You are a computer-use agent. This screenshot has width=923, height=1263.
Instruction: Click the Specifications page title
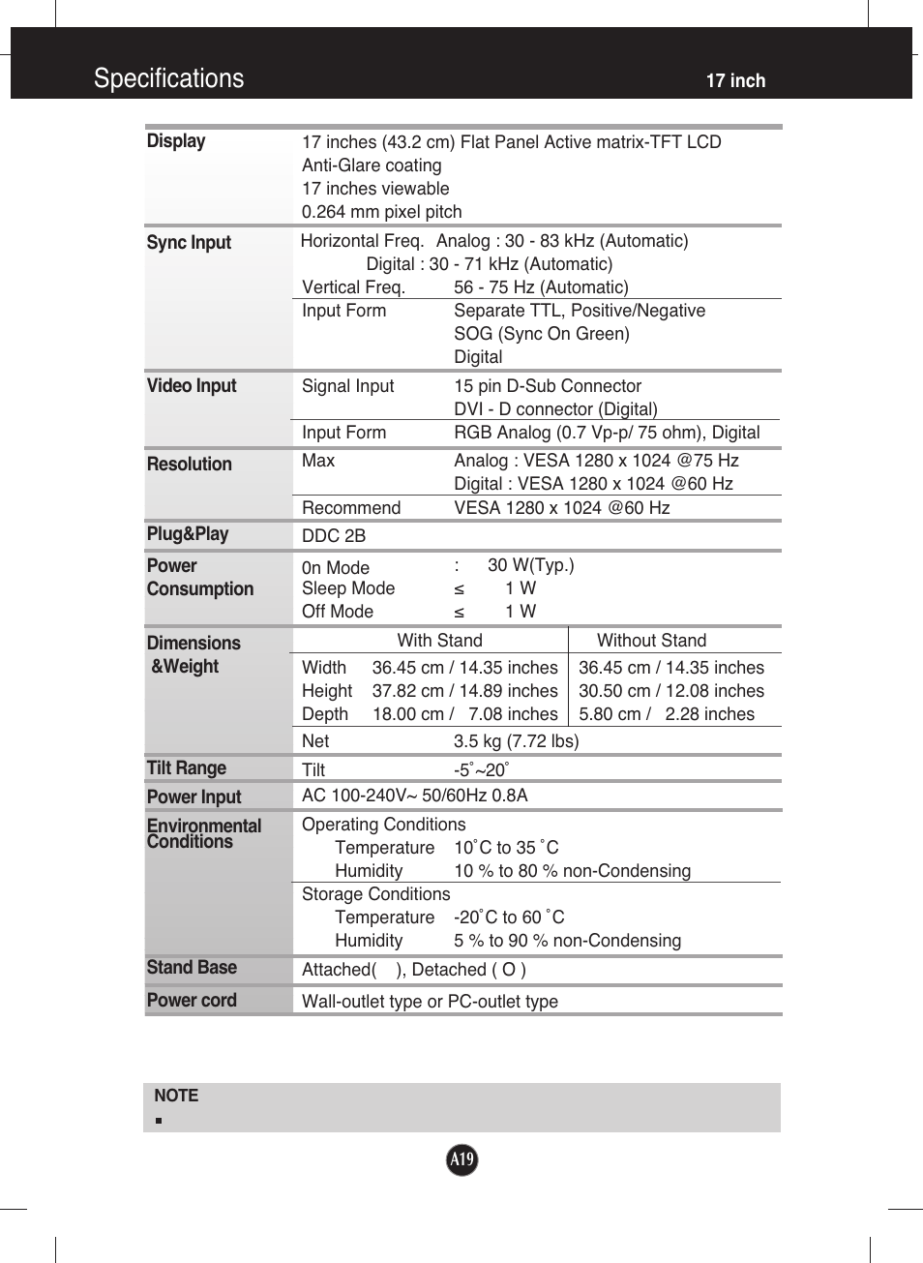click(168, 78)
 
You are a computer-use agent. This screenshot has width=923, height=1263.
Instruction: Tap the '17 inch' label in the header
click(735, 81)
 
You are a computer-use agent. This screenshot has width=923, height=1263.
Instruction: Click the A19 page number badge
click(461, 1158)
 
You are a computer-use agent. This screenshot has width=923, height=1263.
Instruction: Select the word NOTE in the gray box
click(176, 1096)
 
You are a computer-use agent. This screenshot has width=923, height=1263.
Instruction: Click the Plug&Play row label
click(188, 534)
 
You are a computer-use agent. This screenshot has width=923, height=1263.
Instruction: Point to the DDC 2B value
click(334, 536)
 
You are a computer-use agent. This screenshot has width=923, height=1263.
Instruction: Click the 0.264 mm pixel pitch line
click(381, 212)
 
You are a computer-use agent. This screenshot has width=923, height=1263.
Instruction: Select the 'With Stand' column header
click(439, 641)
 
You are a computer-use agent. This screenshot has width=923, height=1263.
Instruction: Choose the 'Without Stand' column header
click(651, 641)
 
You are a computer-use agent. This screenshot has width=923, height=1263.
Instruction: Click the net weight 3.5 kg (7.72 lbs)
click(516, 741)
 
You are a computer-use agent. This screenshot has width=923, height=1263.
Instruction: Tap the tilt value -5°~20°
click(481, 770)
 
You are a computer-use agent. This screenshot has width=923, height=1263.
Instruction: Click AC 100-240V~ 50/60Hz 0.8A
click(414, 796)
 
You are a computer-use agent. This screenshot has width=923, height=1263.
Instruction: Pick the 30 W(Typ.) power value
click(530, 565)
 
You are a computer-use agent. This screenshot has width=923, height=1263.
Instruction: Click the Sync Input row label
click(189, 243)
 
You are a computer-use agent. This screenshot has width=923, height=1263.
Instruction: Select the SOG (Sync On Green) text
click(541, 334)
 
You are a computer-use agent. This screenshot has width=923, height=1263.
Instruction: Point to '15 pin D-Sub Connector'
click(548, 386)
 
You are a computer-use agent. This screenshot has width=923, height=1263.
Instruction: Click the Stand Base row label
click(192, 968)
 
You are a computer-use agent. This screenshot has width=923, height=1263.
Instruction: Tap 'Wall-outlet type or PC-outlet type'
click(430, 1002)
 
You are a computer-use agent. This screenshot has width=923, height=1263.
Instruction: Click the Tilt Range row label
click(187, 768)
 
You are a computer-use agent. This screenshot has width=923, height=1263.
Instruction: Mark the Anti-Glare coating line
click(372, 165)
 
